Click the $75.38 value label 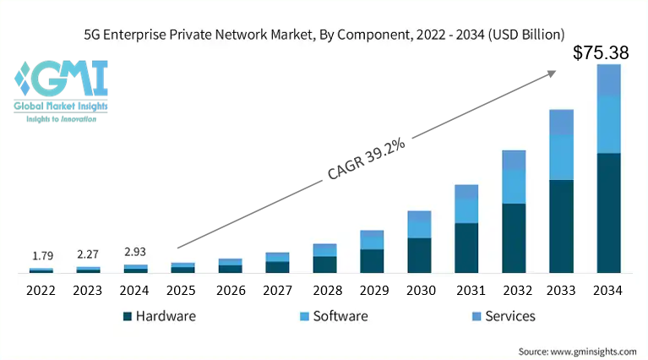[601, 53]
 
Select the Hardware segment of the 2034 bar [609, 213]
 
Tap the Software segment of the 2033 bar [561, 157]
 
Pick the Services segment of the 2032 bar [514, 160]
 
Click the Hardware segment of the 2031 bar [466, 248]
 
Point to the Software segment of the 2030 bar [419, 229]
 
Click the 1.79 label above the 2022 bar [43, 256]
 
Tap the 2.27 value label [88, 254]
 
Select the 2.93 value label [135, 252]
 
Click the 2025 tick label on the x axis [181, 291]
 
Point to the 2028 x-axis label [327, 291]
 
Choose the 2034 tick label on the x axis [607, 291]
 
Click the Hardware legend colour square [128, 317]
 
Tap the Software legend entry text [340, 316]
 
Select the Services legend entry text [510, 316]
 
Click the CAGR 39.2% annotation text [366, 159]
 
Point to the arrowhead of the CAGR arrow [552, 74]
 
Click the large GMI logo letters [69, 78]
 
